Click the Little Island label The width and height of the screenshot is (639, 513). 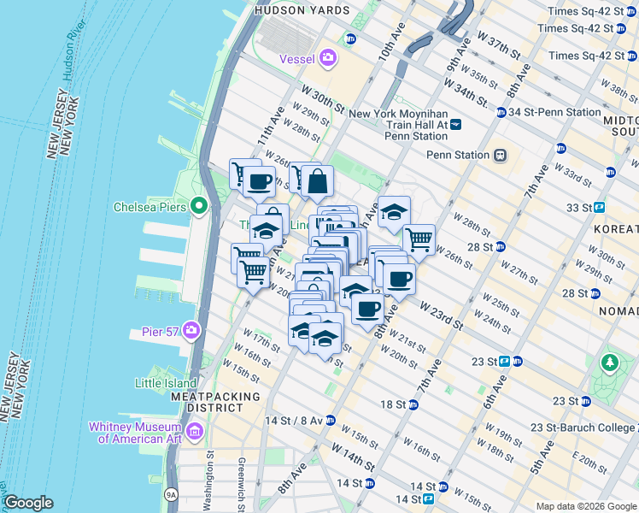[165, 384]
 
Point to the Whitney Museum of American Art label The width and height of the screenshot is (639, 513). [139, 433]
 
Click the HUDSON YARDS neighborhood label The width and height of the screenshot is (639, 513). [290, 10]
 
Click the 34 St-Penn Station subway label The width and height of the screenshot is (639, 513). [554, 112]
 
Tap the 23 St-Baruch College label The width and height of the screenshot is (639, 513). [583, 427]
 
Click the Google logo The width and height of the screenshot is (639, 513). [27, 503]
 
